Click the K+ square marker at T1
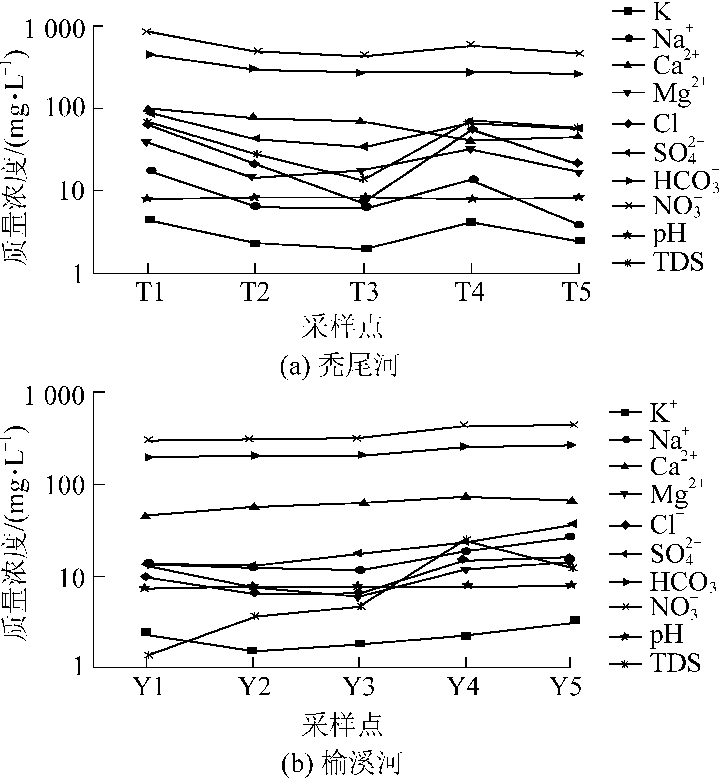click(x=150, y=220)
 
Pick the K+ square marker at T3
click(x=366, y=249)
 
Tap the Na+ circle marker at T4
click(x=473, y=179)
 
